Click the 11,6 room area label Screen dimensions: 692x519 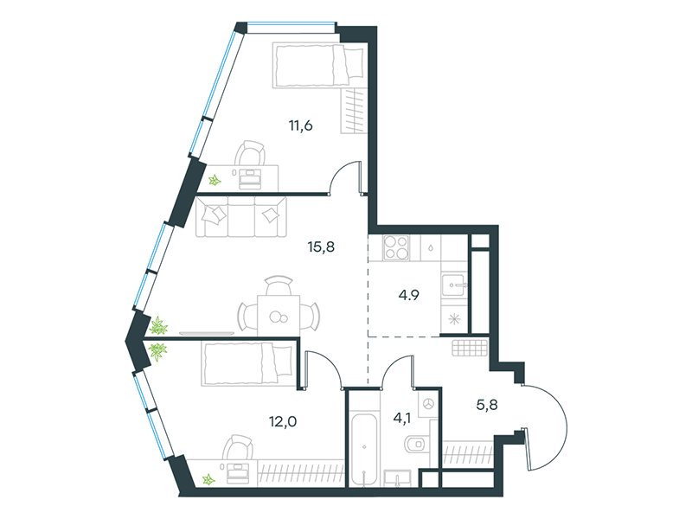click(300, 125)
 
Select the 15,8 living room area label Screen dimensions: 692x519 click(321, 247)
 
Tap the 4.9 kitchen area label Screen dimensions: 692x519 click(408, 295)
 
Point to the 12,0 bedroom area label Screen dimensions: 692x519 click(283, 421)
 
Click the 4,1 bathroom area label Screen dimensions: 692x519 click(401, 418)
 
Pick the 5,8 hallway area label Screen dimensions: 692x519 click(487, 404)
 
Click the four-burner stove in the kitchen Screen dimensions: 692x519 click(396, 247)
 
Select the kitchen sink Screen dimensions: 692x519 click(453, 285)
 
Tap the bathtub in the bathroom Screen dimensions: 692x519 click(364, 449)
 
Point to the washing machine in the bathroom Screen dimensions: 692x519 click(428, 404)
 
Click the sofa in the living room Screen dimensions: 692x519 click(241, 217)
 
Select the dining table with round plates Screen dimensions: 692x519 click(279, 316)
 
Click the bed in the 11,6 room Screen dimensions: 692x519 click(319, 66)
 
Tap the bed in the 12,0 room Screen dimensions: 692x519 click(248, 363)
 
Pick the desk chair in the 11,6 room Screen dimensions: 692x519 click(250, 153)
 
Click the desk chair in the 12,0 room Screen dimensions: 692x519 click(237, 447)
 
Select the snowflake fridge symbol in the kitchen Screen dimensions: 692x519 click(454, 318)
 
